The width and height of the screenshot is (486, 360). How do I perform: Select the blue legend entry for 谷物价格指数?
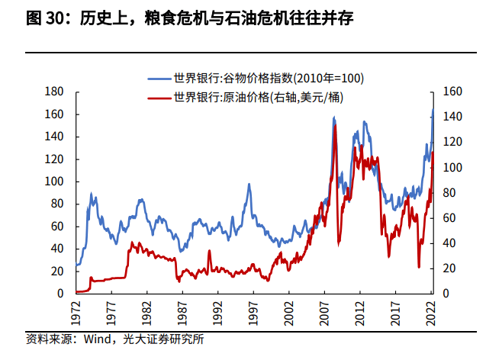pyautogui.click(x=268, y=78)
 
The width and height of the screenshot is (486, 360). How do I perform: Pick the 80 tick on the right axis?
pyautogui.click(x=450, y=193)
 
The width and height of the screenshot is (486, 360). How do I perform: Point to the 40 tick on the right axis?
pyautogui.click(x=450, y=243)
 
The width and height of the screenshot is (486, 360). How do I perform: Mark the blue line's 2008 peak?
pyautogui.click(x=334, y=118)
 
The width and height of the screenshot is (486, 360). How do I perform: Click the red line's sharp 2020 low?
pyautogui.click(x=419, y=267)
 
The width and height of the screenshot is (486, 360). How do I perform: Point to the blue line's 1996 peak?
pyautogui.click(x=248, y=184)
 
